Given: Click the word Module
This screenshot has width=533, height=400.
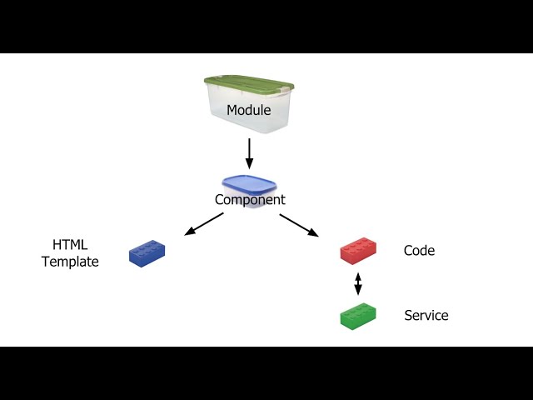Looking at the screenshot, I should pos(249,110).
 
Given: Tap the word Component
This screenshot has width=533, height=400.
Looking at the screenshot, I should pos(250,200).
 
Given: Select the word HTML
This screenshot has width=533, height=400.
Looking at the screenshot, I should pos(70,245).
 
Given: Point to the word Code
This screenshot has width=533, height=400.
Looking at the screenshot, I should pos(419,250).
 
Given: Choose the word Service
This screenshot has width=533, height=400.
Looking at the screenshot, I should pos(426,315).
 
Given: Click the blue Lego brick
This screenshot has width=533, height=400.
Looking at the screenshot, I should pos(147,253).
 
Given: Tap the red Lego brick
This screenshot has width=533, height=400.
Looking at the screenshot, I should pos(358,251).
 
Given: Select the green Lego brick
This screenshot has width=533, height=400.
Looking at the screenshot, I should pos(358,317).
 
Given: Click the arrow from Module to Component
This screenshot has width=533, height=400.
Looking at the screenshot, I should pos(248,152).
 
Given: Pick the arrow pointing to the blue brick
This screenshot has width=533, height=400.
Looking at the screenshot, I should pos(203,223).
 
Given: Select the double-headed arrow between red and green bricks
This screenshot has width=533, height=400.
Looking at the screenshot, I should pos(358,283).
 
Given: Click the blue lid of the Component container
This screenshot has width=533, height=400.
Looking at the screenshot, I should pos(247,183).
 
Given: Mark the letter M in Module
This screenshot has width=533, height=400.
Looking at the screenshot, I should pos(232,110).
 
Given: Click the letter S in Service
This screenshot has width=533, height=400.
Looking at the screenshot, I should pos(408,315).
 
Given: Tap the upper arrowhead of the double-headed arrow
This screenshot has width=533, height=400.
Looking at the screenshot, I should pos(358,275).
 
